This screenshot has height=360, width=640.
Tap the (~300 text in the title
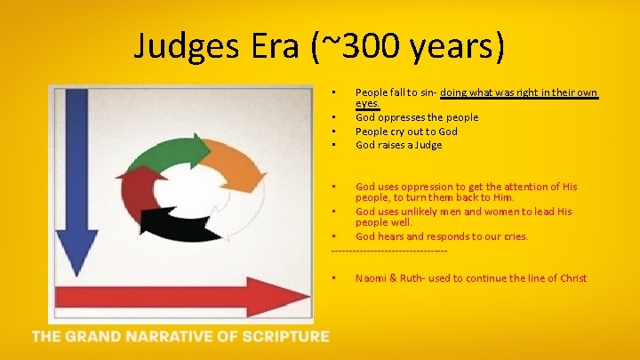[373, 44]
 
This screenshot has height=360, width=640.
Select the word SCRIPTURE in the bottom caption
[283, 336]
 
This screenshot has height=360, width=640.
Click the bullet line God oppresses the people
[416, 117]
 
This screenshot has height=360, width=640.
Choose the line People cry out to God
[406, 131]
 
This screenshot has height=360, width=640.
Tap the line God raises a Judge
[398, 144]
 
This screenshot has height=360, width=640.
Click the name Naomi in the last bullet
[372, 278]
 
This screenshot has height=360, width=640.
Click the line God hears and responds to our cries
[441, 236]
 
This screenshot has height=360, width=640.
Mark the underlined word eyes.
[367, 103]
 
